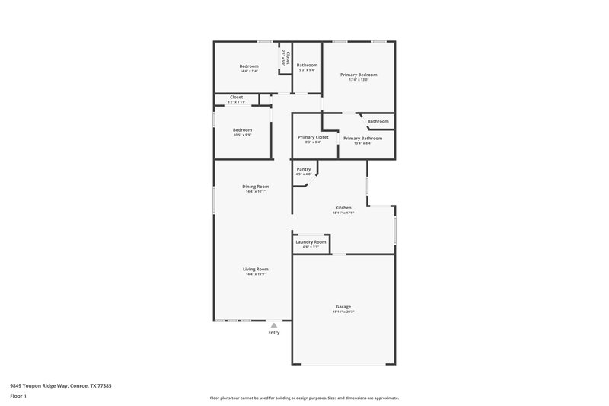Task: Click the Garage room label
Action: click(x=343, y=306)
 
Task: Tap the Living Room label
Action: click(x=255, y=269)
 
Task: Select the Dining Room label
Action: click(x=255, y=187)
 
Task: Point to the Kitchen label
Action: click(x=343, y=207)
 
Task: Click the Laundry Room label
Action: click(x=311, y=241)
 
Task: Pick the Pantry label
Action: click(x=303, y=169)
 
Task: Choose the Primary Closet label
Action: click(x=313, y=137)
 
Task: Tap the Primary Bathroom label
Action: click(x=362, y=138)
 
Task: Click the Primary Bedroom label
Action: click(x=359, y=75)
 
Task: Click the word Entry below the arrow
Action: click(x=274, y=332)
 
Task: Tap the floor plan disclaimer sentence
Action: click(x=304, y=398)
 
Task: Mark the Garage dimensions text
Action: click(x=343, y=312)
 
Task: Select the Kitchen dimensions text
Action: click(x=343, y=213)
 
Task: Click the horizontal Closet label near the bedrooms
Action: click(x=236, y=98)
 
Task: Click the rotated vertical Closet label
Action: click(x=288, y=58)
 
